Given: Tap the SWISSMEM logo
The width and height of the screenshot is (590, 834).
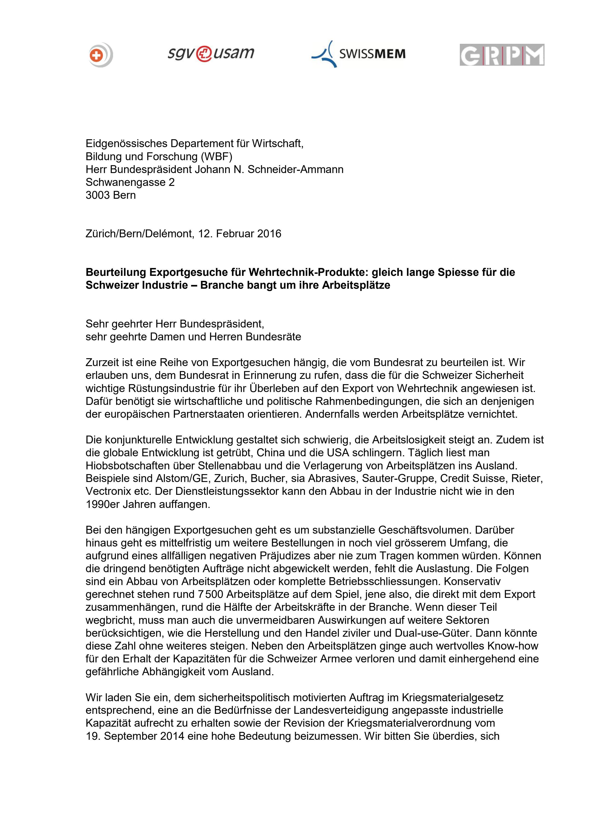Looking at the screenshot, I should tap(359, 54).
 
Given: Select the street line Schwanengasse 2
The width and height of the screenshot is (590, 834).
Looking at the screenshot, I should tap(130, 182).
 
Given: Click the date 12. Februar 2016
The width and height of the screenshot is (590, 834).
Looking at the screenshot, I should tap(240, 233).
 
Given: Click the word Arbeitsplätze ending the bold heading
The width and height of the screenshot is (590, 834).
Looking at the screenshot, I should tap(356, 285).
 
